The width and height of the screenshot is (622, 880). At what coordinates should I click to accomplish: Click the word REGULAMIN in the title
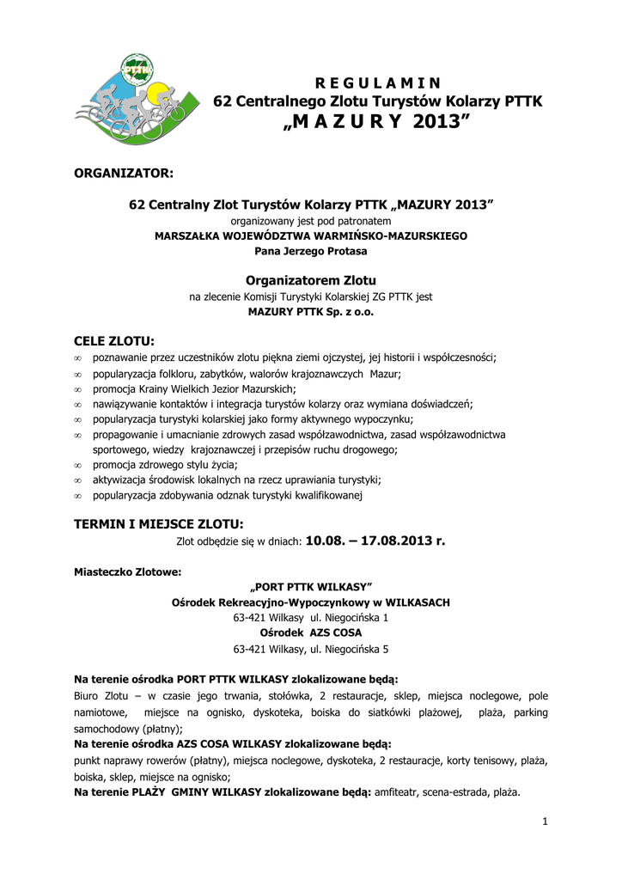point(378,83)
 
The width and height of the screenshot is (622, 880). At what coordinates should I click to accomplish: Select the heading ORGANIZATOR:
point(124,174)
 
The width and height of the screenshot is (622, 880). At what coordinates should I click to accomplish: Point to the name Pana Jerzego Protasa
point(311,251)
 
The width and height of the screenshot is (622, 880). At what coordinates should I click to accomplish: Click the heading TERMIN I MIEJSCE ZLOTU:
point(159,524)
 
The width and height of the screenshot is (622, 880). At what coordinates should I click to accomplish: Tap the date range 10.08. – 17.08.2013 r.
point(375,541)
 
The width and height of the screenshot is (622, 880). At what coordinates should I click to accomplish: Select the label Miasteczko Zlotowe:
point(128,571)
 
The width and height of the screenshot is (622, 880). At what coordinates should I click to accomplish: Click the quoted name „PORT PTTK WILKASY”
point(311,588)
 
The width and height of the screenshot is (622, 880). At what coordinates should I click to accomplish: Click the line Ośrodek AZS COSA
point(311,632)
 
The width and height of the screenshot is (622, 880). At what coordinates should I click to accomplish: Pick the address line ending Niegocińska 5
point(311,649)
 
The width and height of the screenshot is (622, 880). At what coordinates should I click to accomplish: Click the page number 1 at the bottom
point(545,822)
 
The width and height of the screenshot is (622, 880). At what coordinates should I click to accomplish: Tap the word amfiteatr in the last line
point(399,792)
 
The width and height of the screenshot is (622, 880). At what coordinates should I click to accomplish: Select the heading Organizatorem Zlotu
point(311,280)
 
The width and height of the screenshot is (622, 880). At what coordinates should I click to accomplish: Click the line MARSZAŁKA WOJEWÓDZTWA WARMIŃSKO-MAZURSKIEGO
point(311,235)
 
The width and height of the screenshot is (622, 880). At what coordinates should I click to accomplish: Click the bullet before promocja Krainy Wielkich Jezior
point(78,388)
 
